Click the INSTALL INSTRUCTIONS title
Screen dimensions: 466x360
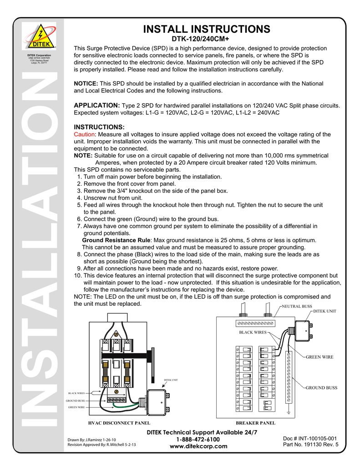pyautogui.click(x=207, y=29)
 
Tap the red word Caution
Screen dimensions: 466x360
pyautogui.click(x=84, y=135)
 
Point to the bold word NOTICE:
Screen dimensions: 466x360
pyautogui.click(x=86, y=84)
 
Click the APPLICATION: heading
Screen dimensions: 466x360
pyautogui.click(x=97, y=105)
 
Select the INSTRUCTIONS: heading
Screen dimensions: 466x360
pyautogui.click(x=99, y=127)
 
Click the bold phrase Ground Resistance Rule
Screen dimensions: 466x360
pyautogui.click(x=116, y=240)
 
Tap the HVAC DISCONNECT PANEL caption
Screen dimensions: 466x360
pyautogui.click(x=119, y=423)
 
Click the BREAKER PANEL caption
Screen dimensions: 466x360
pyautogui.click(x=255, y=423)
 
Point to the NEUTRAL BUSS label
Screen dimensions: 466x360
pyautogui.click(x=297, y=306)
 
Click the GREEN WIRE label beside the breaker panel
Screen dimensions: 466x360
pyautogui.click(x=319, y=357)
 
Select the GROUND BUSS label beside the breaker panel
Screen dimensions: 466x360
pyautogui.click(x=321, y=388)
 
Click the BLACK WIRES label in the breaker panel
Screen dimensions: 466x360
pyautogui.click(x=253, y=333)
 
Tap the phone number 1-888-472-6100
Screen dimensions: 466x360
pyautogui.click(x=198, y=439)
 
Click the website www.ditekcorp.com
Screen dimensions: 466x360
pyautogui.click(x=198, y=446)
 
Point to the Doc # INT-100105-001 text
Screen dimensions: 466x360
pyautogui.click(x=309, y=439)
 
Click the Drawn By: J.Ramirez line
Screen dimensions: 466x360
pyautogui.click(x=95, y=440)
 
